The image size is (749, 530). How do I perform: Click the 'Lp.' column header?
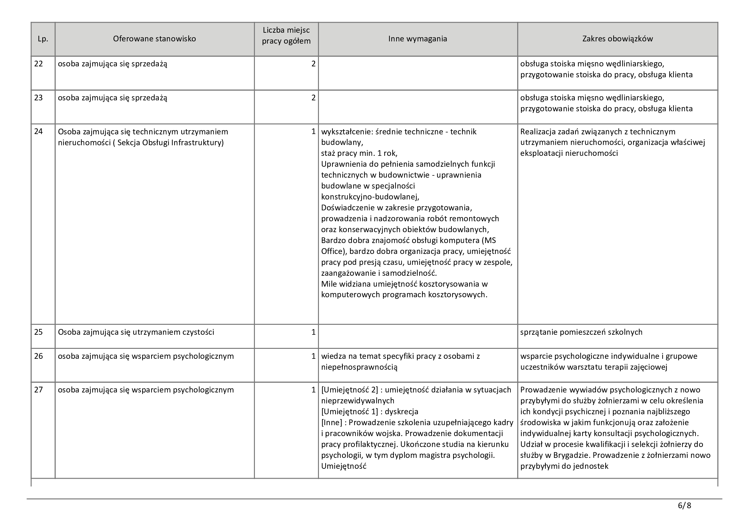(x=43, y=39)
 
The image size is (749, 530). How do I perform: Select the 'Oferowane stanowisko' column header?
(x=154, y=39)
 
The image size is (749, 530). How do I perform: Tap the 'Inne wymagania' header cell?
(x=418, y=39)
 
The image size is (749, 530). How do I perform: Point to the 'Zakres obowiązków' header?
(x=617, y=39)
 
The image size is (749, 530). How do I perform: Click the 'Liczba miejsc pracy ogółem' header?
(x=286, y=36)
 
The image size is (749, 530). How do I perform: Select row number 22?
(x=38, y=64)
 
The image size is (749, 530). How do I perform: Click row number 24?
(x=38, y=131)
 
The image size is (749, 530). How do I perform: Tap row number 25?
(x=38, y=332)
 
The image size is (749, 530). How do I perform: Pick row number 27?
(x=38, y=390)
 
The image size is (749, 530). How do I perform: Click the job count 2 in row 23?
(x=313, y=98)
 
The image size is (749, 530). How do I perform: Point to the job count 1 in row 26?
(x=313, y=356)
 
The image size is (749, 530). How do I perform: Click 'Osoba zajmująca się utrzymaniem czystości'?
(x=136, y=332)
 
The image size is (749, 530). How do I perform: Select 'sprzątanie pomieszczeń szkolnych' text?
(x=581, y=332)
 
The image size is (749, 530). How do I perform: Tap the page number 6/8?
(x=684, y=506)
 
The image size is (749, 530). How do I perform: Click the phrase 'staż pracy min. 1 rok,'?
(x=359, y=153)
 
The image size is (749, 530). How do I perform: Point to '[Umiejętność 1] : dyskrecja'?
(x=370, y=411)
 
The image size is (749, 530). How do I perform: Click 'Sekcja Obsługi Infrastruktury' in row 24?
(x=169, y=143)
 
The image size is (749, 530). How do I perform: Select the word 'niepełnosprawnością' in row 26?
(x=359, y=367)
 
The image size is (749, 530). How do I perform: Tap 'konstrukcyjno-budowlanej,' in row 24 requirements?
(x=370, y=197)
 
